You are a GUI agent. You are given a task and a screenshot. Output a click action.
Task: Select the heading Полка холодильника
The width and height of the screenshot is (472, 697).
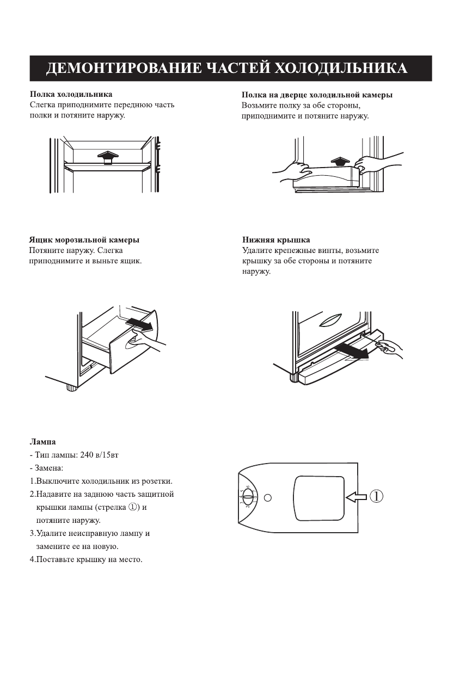[71, 95]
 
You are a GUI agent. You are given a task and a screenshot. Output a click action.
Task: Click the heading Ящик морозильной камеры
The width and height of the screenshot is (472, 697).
[83, 240]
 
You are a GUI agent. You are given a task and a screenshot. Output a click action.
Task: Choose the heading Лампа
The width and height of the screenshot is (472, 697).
[42, 442]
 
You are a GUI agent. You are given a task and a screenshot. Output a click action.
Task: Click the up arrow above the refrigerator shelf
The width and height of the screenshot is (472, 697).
[108, 157]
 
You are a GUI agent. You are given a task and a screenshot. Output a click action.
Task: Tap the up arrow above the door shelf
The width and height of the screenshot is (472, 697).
[339, 161]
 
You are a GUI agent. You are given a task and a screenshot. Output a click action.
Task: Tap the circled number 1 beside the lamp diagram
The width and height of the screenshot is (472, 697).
[377, 496]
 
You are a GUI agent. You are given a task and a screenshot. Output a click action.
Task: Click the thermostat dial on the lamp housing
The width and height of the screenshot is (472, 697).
[248, 497]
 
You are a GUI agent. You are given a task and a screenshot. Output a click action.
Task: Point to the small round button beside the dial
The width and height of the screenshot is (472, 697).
[268, 497]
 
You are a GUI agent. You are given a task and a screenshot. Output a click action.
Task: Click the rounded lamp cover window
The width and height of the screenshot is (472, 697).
[319, 497]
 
